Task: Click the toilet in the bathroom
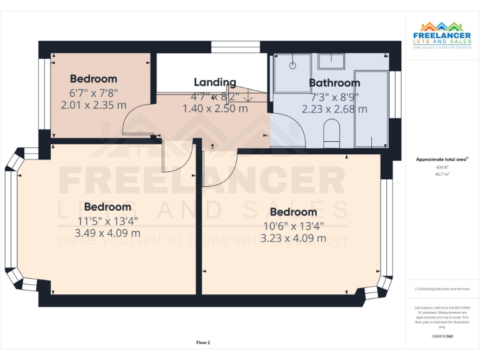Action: [331, 132]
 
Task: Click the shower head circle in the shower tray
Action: [292, 64]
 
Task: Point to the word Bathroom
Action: [334, 82]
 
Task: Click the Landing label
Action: [215, 82]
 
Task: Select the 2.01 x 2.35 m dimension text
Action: [93, 106]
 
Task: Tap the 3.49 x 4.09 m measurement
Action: [107, 233]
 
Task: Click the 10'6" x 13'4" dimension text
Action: [293, 226]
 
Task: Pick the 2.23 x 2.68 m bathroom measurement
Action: [334, 109]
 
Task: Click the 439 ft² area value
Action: [442, 167]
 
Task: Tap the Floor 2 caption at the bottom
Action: [203, 342]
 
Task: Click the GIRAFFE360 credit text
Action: [442, 336]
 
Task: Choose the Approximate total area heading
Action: [441, 160]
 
